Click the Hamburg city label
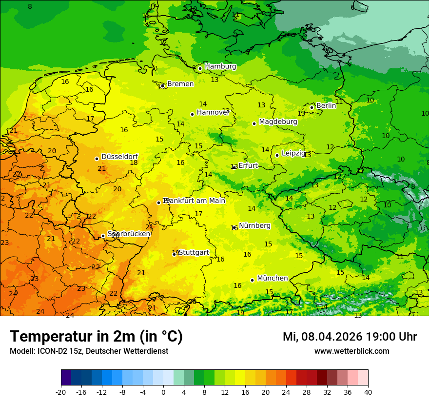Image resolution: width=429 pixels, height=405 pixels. tap(220, 66)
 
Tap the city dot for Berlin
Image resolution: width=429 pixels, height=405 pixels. tap(312, 107)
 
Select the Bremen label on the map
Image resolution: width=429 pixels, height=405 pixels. tap(180, 84)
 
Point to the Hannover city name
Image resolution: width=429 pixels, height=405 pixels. tap(213, 112)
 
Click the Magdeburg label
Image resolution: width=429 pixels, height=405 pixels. tap(278, 121)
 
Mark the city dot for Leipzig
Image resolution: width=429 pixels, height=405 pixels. tap(277, 155)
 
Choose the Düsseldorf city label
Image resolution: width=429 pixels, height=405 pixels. tap(119, 157)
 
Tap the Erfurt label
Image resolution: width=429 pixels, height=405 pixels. tap(248, 165)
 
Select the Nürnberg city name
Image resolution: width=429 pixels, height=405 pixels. tap(254, 225)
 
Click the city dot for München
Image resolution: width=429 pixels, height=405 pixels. tap(252, 280)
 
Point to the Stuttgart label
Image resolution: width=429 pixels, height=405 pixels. tap(194, 252)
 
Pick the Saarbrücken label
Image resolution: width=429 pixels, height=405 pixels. tap(129, 234)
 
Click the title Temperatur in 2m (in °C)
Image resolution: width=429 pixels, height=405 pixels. tap(96, 337)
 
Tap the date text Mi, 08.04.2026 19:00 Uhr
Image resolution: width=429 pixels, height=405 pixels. tap(350, 337)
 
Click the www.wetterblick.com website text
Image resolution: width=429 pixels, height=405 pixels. tap(351, 351)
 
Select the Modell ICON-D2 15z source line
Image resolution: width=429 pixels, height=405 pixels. tap(89, 351)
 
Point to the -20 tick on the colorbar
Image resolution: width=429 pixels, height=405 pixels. tap(61, 392)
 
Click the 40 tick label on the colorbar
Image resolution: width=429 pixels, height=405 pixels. tap(368, 392)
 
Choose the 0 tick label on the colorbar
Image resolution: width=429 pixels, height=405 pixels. tap(163, 392)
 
